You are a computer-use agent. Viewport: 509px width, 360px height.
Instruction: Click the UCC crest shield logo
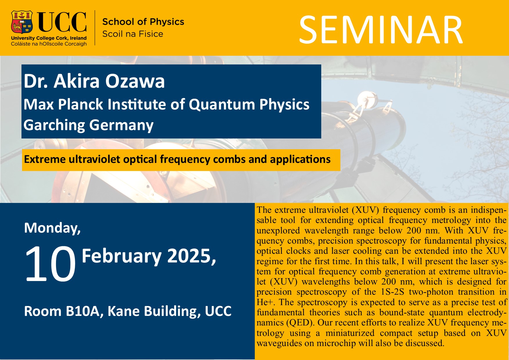click(x=22, y=22)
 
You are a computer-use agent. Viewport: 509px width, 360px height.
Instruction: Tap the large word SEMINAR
click(x=381, y=30)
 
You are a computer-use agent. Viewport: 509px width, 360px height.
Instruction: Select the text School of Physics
click(x=143, y=22)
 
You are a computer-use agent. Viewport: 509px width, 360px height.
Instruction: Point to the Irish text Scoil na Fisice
click(x=133, y=34)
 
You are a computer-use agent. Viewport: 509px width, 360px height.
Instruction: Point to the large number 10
click(x=50, y=264)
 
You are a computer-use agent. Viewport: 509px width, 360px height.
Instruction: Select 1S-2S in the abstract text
click(x=393, y=292)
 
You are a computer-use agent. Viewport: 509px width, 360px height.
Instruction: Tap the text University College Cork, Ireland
click(x=49, y=38)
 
